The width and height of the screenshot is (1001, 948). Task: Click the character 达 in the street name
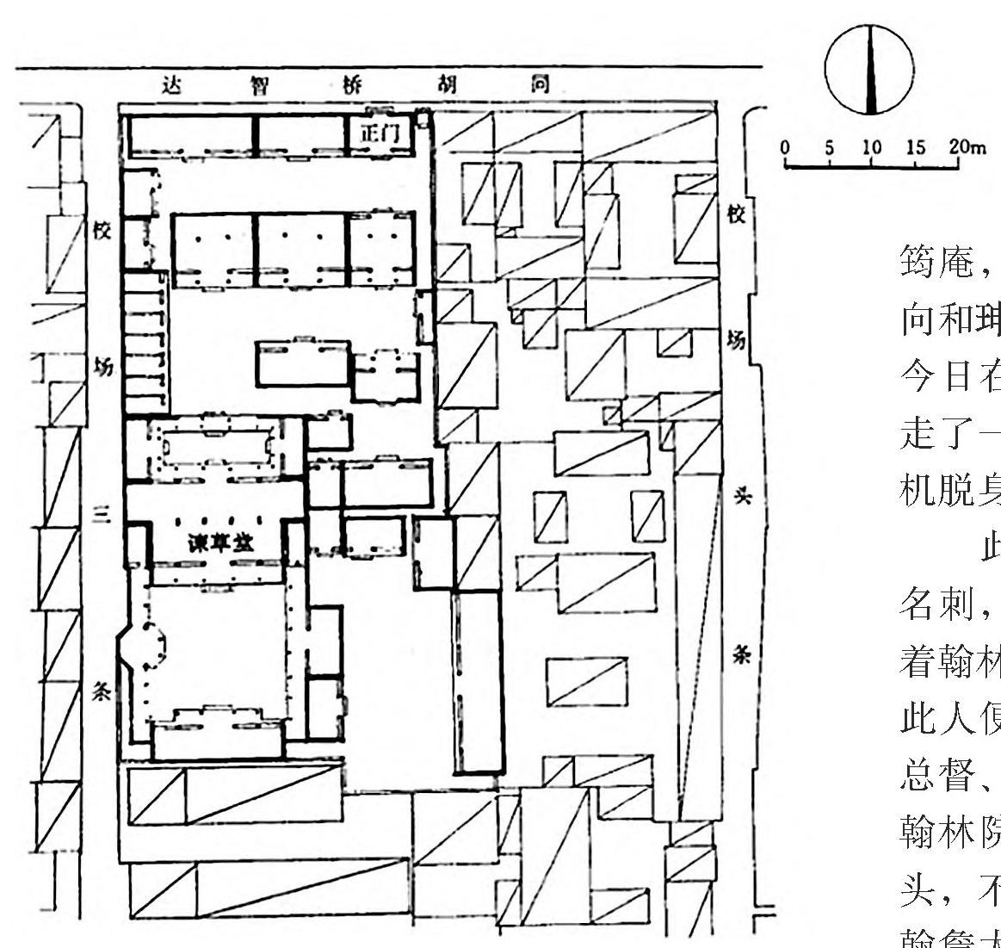(x=175, y=85)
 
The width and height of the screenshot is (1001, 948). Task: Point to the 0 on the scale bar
(x=786, y=146)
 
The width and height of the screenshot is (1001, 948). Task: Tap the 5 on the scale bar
(x=829, y=146)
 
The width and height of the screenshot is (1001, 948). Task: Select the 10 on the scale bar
(x=871, y=146)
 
